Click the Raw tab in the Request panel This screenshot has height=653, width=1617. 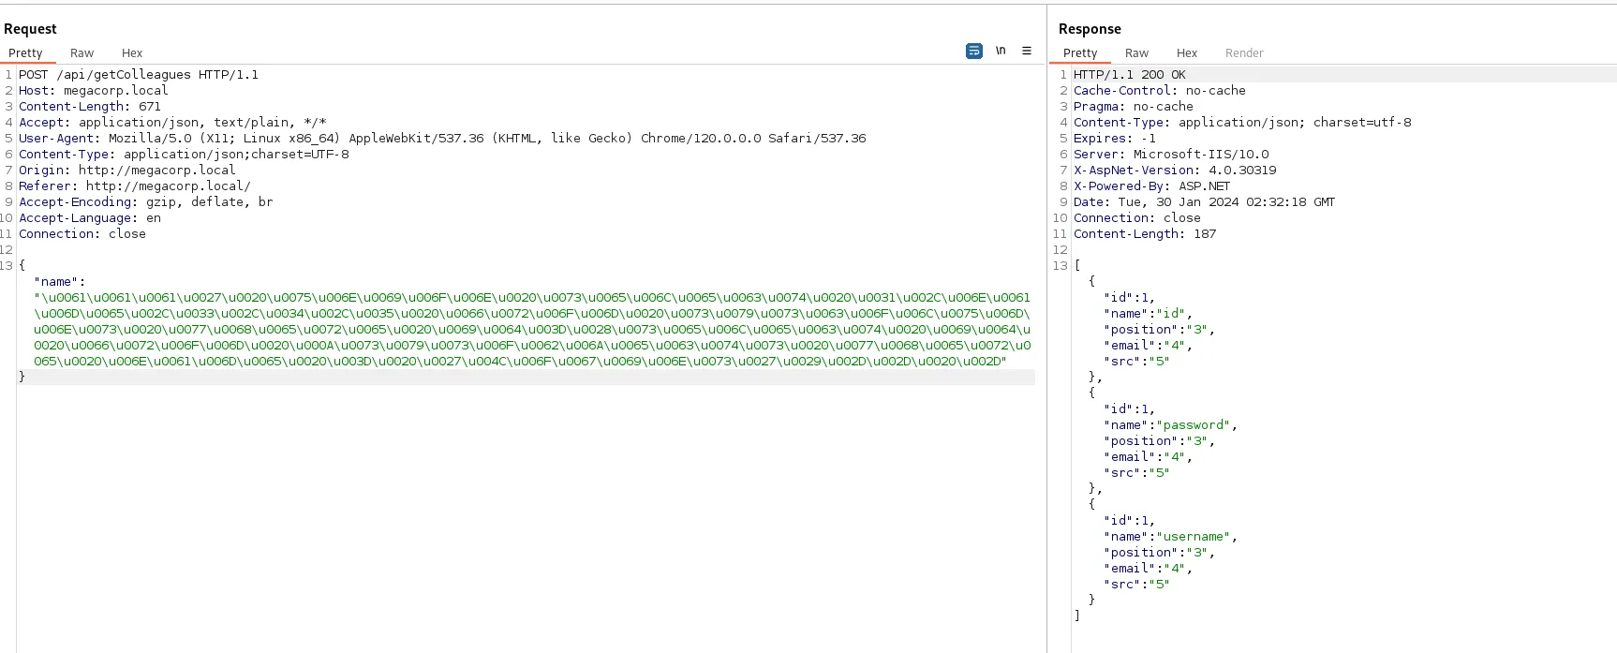click(x=82, y=53)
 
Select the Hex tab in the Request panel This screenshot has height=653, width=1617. click(x=132, y=53)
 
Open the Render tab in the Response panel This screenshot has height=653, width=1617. click(x=1244, y=53)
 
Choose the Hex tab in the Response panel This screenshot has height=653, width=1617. click(x=1187, y=53)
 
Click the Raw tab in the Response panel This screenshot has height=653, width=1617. click(x=1136, y=53)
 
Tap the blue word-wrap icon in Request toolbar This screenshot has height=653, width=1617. click(x=974, y=51)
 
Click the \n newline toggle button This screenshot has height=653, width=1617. click(x=1001, y=51)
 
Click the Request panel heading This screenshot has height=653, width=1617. click(x=30, y=29)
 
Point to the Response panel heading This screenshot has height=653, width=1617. click(x=1090, y=29)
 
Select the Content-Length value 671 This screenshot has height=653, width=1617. click(x=150, y=107)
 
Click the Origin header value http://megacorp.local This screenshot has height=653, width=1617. click(x=157, y=171)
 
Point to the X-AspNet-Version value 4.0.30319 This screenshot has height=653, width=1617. click(x=1242, y=171)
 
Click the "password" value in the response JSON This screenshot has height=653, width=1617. click(x=1193, y=425)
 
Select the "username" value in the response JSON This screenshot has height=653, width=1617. click(x=1193, y=537)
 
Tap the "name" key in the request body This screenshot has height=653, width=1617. click(x=56, y=282)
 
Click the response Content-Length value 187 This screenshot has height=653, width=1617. click(x=1205, y=234)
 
